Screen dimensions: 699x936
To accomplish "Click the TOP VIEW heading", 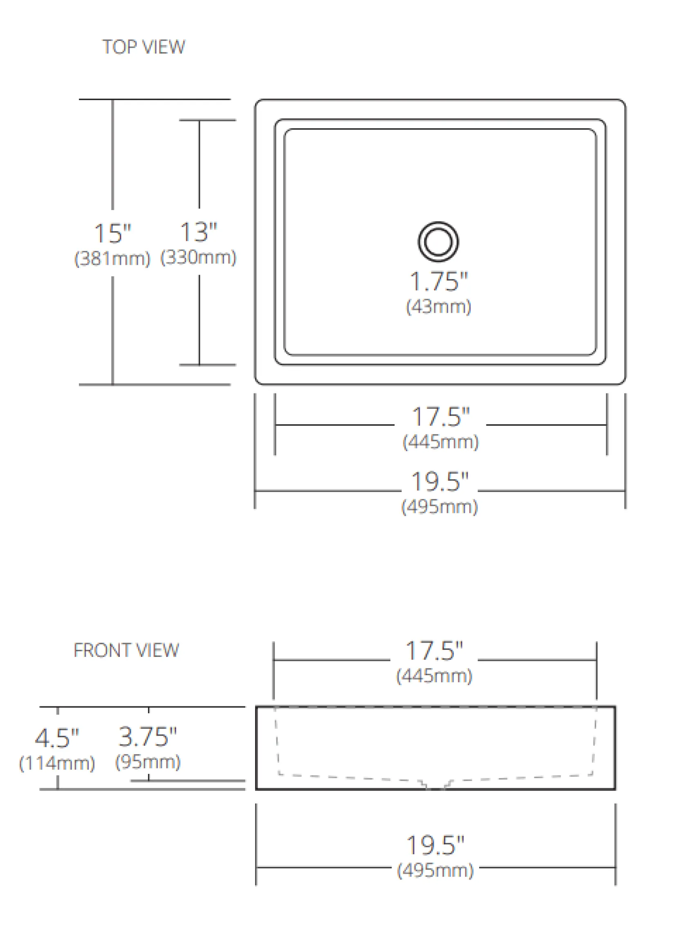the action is click(x=143, y=47).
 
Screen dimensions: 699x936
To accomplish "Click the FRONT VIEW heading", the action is click(x=126, y=650).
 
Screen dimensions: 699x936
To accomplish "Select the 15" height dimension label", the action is click(x=112, y=233).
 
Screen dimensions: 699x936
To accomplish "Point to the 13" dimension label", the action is click(x=198, y=232).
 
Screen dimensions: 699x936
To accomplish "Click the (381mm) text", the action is click(x=112, y=259).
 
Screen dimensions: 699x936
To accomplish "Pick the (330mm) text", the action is click(x=198, y=257).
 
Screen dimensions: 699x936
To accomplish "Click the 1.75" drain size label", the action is click(x=439, y=281).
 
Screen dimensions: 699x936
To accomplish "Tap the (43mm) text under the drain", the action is click(x=438, y=307).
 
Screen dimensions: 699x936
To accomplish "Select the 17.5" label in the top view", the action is click(x=441, y=417).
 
